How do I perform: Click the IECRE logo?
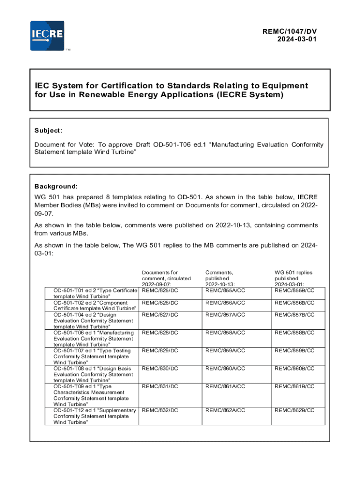[47, 36]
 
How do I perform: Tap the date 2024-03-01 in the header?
[297, 39]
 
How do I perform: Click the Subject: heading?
[48, 131]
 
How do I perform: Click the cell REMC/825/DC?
[160, 290]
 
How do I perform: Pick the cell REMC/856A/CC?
[225, 303]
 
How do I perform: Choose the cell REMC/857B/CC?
[294, 314]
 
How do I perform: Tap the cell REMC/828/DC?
[160, 333]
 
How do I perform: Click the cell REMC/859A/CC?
[225, 350]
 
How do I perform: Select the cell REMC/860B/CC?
[294, 368]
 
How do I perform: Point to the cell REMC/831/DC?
[160, 386]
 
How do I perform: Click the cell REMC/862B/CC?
[294, 410]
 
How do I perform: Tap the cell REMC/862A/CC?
[225, 410]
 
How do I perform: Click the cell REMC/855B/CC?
[294, 290]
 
